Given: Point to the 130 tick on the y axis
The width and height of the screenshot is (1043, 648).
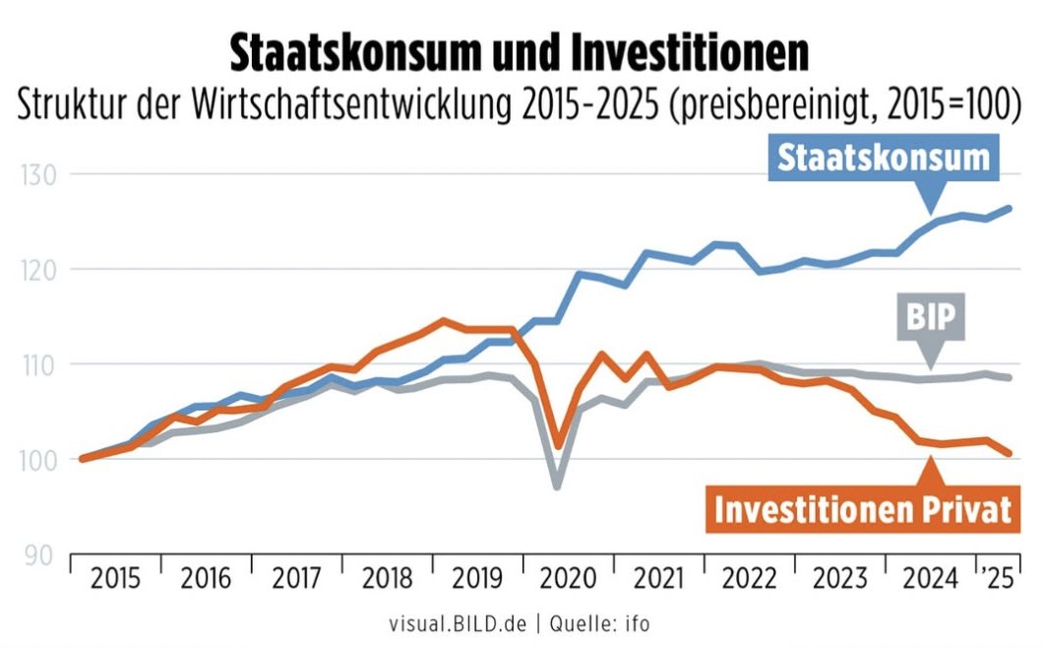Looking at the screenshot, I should tap(37, 175).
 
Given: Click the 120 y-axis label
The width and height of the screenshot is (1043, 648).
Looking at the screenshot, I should tap(37, 270).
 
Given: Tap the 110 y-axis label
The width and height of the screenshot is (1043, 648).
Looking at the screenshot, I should tap(37, 365).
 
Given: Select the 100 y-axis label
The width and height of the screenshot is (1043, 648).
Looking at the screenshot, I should tap(37, 460).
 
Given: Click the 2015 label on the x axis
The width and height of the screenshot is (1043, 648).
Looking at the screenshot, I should tap(115, 578).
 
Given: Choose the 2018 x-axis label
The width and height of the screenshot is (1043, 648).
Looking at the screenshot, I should tap(387, 578).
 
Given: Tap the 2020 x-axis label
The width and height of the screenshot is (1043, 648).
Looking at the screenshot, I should tap(569, 578).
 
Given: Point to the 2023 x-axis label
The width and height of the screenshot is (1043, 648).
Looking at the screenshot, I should tap(840, 578).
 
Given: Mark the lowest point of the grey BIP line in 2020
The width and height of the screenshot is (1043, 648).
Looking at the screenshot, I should tap(557, 486).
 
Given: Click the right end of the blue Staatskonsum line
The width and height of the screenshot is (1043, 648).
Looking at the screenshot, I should tap(1011, 208).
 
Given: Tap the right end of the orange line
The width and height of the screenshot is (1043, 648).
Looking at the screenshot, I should tap(1011, 453).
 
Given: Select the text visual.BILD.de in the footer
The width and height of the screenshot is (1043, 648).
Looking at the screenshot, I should tap(462, 623).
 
